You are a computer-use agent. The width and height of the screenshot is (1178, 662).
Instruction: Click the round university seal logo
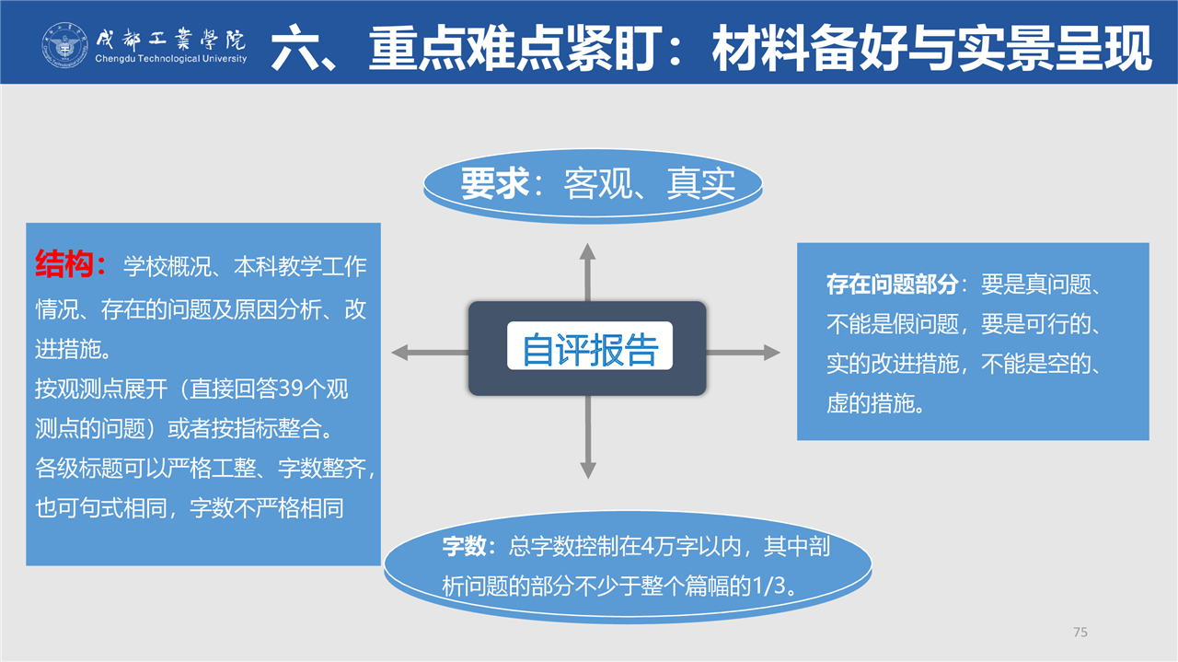(x=64, y=45)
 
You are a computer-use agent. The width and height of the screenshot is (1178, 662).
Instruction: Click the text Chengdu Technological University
(x=171, y=58)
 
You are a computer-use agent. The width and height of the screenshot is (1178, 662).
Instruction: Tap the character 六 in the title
(x=296, y=48)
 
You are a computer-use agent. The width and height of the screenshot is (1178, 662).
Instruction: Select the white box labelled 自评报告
(x=590, y=346)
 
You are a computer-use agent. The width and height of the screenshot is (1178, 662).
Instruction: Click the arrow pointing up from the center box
(x=587, y=272)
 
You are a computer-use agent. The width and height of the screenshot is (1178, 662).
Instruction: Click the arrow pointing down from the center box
(x=587, y=436)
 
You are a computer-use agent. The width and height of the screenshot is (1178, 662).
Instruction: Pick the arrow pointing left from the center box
(x=430, y=352)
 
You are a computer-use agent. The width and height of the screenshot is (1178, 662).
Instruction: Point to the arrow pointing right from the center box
(x=743, y=352)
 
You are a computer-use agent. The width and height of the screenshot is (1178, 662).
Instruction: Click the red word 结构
(x=64, y=263)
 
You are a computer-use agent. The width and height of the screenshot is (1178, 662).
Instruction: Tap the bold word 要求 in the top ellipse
(x=495, y=183)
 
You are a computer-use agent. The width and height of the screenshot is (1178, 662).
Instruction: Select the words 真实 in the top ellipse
(x=701, y=183)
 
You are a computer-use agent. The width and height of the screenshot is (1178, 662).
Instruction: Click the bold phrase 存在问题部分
(x=892, y=285)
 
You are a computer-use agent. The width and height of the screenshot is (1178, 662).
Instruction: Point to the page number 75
(x=1080, y=632)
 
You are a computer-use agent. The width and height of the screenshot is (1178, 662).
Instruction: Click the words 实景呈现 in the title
(x=1055, y=48)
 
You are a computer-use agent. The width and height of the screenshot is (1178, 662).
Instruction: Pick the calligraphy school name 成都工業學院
(x=171, y=39)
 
